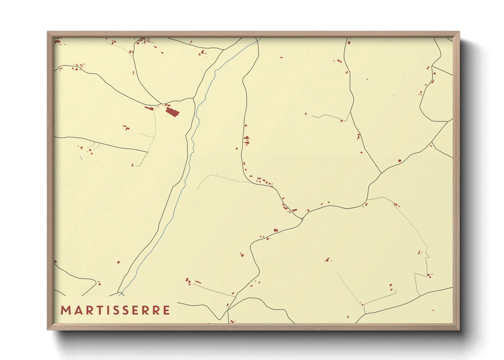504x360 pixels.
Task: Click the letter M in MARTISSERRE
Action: [65, 310]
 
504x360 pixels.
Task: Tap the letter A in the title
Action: [77, 310]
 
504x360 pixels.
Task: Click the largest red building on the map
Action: [172, 112]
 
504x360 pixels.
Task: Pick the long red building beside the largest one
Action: [149, 108]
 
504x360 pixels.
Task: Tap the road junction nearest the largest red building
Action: [160, 103]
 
